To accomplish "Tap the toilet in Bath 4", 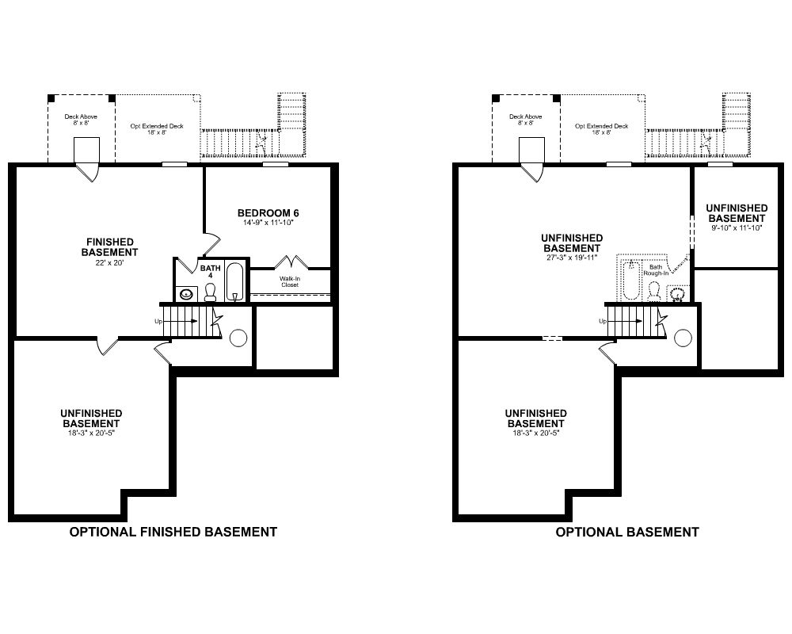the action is tap(210, 292).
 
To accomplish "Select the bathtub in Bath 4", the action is tap(235, 281).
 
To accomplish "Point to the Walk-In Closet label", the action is tap(289, 281).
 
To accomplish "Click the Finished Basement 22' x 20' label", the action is tap(109, 252).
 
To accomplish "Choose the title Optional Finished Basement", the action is tap(173, 532).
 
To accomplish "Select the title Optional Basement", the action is tap(627, 532).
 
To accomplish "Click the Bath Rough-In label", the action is tap(656, 270).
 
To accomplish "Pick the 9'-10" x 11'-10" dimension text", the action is tap(737, 228).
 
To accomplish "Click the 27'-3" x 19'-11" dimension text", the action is tap(572, 258).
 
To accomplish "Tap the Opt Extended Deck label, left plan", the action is tap(157, 129).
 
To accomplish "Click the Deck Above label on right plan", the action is tap(525, 120).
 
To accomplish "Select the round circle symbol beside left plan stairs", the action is tap(238, 338).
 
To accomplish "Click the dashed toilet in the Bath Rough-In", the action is tap(654, 292).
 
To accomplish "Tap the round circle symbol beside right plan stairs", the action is tap(683, 338).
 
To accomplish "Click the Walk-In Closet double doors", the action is tap(291, 262).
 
